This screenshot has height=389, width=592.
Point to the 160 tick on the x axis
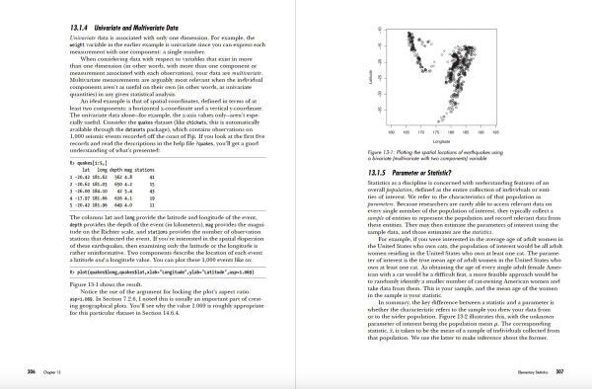click(392, 132)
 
